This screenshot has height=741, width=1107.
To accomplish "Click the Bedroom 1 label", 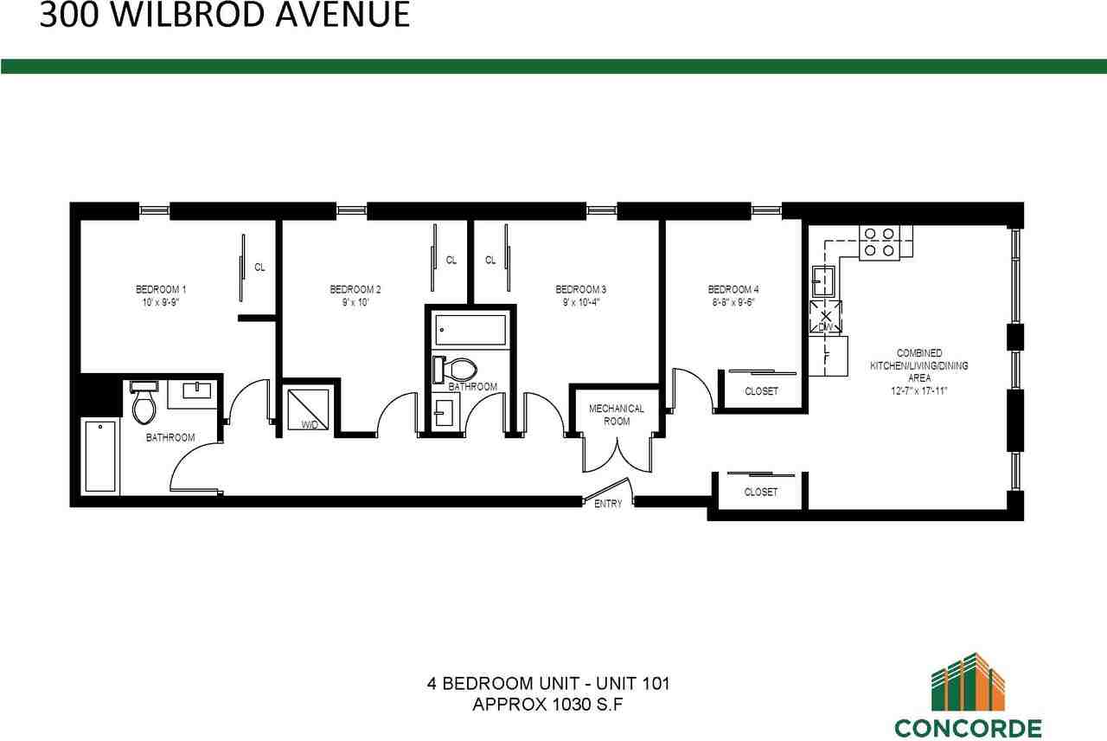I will [161, 289].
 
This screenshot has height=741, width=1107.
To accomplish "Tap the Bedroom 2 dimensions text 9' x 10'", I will [355, 303].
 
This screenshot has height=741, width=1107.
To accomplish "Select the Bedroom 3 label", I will [580, 289].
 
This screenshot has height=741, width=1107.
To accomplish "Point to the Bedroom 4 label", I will [733, 289].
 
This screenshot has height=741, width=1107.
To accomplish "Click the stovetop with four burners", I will [880, 242].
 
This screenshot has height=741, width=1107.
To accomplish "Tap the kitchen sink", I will [822, 279].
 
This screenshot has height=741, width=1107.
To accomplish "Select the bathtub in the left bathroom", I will [101, 456].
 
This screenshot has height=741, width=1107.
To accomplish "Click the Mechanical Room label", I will [617, 415].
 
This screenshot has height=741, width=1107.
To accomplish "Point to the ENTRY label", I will [608, 504].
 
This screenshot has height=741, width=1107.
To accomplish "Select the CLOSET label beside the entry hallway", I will [761, 492].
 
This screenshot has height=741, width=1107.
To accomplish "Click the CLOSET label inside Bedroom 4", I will [761, 391].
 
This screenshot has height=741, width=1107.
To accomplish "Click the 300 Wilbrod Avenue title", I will [225, 16].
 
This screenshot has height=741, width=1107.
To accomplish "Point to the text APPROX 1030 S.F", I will [548, 704].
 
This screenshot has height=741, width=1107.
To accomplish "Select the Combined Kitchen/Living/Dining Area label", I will [919, 371].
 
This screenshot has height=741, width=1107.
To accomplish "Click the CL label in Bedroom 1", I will [259, 267].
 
